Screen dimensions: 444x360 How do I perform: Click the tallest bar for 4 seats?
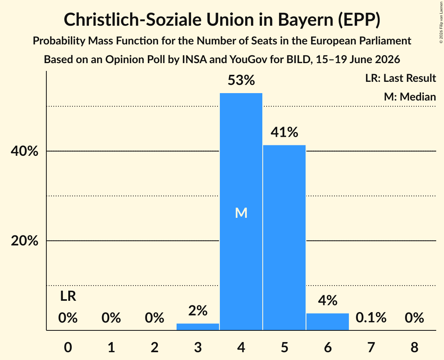click(x=241, y=212)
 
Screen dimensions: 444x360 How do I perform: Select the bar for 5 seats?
click(x=284, y=237)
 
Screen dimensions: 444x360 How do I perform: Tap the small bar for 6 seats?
click(x=327, y=321)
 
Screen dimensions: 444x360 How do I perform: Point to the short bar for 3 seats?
click(x=198, y=326)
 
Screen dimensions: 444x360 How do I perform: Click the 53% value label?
click(x=241, y=80)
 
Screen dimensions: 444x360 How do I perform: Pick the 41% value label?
click(x=284, y=132)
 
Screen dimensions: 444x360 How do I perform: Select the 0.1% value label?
click(x=371, y=318)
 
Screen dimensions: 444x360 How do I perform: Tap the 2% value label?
click(x=198, y=311)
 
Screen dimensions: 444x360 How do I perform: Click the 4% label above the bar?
click(x=327, y=300)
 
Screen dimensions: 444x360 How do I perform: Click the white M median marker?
click(x=241, y=213)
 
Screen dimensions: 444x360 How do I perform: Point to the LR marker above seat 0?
click(x=68, y=296)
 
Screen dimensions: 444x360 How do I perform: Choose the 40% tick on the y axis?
click(x=24, y=151)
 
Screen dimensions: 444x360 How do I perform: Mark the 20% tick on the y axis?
click(x=24, y=241)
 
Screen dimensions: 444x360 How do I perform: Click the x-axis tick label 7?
click(x=371, y=347)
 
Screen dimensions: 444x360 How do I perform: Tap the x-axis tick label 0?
click(x=68, y=347)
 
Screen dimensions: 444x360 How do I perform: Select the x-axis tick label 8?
click(x=414, y=347)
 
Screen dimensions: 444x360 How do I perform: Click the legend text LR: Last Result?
click(x=400, y=78)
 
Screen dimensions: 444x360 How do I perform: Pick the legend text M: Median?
click(x=410, y=97)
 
